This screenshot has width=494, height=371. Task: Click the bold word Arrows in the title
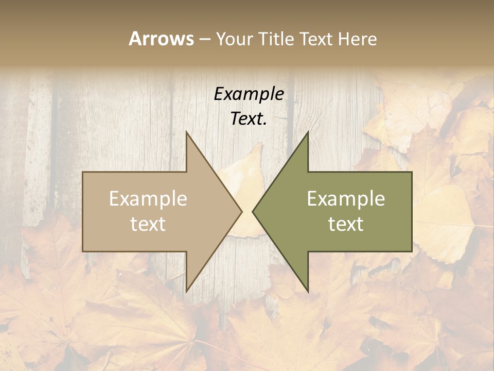point(161,39)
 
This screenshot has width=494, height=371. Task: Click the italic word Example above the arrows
point(249,94)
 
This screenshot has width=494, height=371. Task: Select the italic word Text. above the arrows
point(249,119)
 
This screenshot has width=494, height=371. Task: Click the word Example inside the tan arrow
point(148,199)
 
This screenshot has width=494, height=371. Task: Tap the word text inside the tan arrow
point(148,224)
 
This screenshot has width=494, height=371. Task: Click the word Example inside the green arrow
point(346,199)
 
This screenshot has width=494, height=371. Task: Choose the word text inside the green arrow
point(346,224)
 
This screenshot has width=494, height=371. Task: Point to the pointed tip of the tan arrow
point(241,211)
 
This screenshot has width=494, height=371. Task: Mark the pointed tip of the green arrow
point(253,211)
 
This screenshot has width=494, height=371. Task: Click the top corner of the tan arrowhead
point(186,132)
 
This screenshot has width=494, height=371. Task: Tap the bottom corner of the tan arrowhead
point(186,291)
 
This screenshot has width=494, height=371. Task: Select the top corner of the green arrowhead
point(308,132)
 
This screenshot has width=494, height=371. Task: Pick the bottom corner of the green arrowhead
point(308,291)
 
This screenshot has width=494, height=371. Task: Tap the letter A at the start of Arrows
point(135,39)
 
